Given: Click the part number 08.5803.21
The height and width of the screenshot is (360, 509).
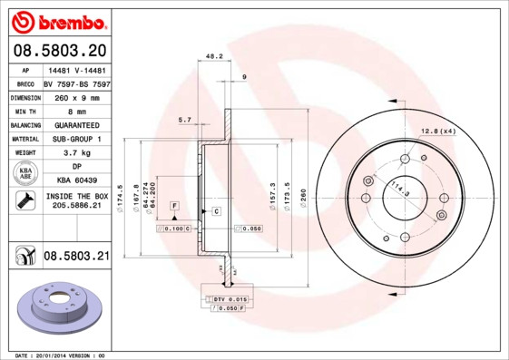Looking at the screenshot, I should [75, 258].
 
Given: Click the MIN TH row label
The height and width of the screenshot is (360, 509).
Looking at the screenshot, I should [23, 111].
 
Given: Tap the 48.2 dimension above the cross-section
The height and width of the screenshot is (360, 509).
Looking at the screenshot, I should [214, 56].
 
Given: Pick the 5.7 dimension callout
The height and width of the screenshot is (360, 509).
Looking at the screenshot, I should [185, 119].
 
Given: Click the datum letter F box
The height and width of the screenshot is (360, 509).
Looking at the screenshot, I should [172, 207].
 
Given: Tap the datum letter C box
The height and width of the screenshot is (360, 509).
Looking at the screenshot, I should [217, 211].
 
